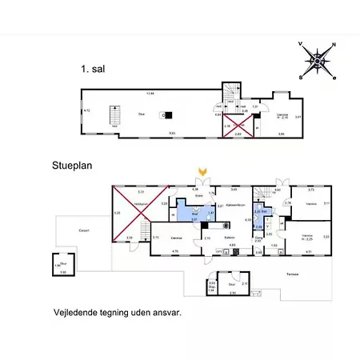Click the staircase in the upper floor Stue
114,118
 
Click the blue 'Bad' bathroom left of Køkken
195,214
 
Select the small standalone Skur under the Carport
61,266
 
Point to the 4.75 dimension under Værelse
175,252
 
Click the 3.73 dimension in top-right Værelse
311,190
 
